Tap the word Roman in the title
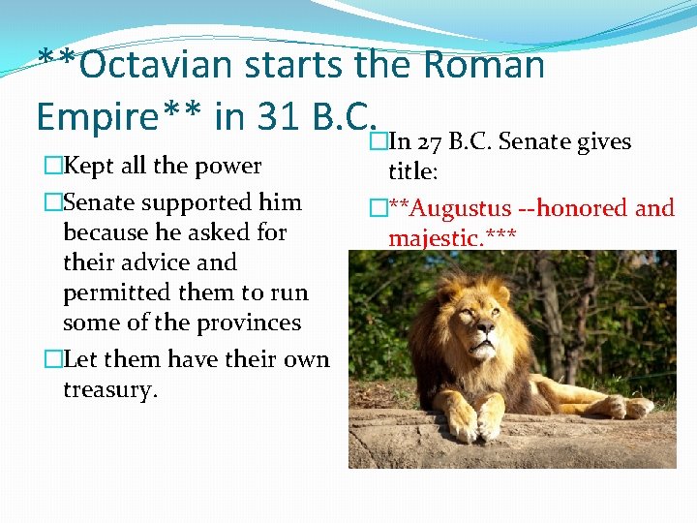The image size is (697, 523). click(x=484, y=65)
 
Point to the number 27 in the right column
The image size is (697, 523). click(x=429, y=143)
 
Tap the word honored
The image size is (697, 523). click(x=584, y=207)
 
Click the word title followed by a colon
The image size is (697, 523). click(x=412, y=172)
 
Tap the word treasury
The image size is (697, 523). click(x=109, y=389)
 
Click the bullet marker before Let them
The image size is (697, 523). click(x=52, y=359)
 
